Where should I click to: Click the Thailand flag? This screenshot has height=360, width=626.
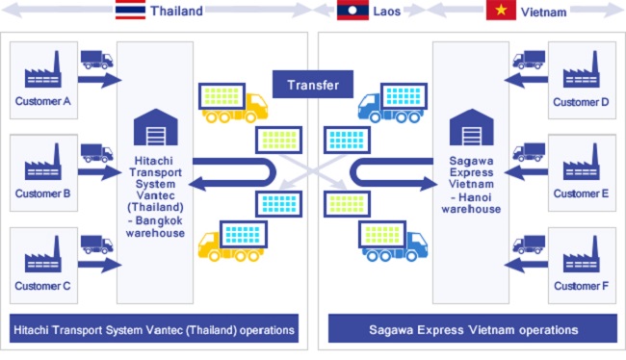(131, 11)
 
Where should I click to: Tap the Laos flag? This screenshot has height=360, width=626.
(350, 11)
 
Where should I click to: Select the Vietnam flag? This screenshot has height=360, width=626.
(501, 11)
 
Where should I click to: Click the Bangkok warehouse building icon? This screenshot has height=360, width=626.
(155, 125)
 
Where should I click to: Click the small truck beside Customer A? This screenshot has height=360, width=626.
(96, 59)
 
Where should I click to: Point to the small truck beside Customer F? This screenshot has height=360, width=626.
(529, 244)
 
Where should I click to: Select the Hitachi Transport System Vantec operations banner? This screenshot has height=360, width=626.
(154, 329)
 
